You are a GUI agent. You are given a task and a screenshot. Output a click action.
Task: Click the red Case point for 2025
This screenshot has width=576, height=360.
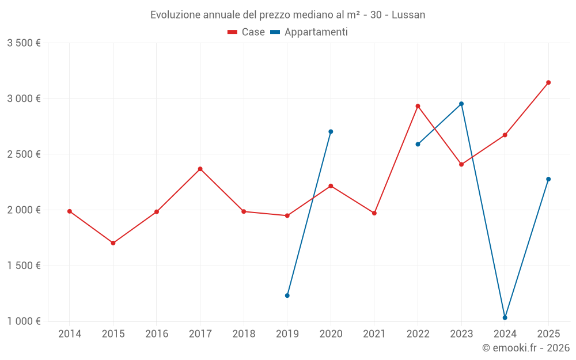pos(548,82)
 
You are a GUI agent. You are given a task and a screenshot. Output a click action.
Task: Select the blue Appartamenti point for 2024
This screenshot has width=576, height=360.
pos(505,317)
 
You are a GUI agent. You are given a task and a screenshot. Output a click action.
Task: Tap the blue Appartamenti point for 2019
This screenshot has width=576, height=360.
pos(287,295)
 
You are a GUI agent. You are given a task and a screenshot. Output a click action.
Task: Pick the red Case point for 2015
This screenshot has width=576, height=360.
pos(113,243)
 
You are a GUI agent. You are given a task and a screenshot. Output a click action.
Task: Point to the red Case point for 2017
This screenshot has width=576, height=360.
pos(200,169)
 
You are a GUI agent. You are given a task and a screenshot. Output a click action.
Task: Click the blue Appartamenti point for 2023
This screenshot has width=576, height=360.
pos(461,104)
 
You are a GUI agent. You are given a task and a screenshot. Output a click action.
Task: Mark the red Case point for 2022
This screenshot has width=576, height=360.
pos(418,106)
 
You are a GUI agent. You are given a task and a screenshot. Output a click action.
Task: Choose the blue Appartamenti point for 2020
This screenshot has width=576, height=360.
pos(331,131)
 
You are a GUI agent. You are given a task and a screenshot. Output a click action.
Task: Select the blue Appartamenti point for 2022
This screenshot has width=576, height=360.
pos(418,144)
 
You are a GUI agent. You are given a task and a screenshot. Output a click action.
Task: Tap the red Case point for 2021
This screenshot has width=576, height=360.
pos(374,213)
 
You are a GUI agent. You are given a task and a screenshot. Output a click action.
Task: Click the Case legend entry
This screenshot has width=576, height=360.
pos(247,32)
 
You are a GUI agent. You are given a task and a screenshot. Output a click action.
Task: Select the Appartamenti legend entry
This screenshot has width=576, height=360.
pos(309,32)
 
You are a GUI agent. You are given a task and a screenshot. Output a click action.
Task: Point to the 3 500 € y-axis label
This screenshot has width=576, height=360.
pos(24,43)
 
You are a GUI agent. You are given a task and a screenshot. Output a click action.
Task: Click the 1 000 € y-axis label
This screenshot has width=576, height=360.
pos(24,321)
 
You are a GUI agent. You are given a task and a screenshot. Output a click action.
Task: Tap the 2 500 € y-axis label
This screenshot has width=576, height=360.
pos(24,154)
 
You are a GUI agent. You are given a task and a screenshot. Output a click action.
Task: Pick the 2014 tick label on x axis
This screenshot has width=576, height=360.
pos(70,334)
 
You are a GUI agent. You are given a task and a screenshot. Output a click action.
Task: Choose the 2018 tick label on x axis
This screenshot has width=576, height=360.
pos(244,334)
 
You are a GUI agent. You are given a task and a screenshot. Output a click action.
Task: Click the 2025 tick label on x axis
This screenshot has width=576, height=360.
pos(548,334)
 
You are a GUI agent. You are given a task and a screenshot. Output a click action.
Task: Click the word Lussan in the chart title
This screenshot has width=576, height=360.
pos(408,15)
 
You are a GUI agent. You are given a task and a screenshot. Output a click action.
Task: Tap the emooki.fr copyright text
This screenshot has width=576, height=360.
pos(526,348)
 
